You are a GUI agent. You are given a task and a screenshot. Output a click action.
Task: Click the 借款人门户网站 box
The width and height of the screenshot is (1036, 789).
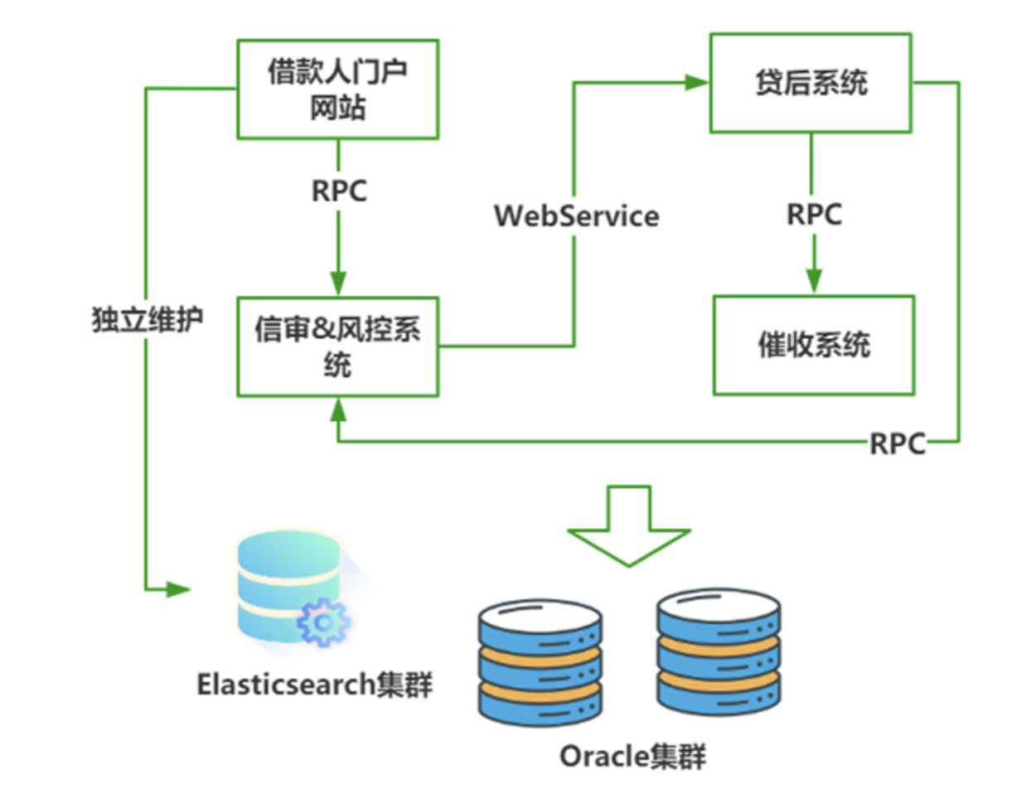click(338, 90)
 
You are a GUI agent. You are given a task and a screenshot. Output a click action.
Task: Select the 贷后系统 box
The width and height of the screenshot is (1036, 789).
click(811, 83)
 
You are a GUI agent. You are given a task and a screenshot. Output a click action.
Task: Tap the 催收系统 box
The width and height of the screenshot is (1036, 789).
click(814, 344)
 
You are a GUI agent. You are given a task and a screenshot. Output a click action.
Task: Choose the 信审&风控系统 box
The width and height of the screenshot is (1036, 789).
click(338, 345)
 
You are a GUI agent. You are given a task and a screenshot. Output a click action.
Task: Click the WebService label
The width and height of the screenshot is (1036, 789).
click(576, 216)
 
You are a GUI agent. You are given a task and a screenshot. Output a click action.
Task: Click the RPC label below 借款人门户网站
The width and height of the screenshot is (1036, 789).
click(339, 191)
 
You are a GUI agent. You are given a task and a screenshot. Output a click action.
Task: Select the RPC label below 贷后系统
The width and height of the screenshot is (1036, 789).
click(814, 214)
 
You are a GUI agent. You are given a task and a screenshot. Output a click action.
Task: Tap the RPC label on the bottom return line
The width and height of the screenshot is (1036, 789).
click(897, 444)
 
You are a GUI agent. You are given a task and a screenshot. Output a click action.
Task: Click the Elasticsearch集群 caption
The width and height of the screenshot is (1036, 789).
click(315, 685)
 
